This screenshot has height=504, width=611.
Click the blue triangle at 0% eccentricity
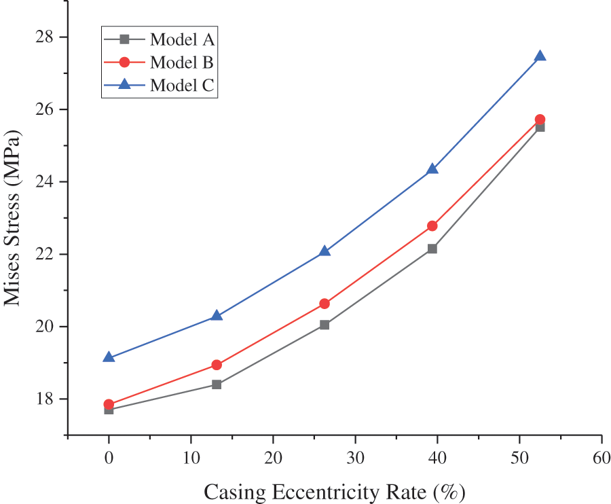[109, 357]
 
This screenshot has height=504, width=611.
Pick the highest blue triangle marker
[540, 56]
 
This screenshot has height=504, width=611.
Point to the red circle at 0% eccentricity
[109, 404]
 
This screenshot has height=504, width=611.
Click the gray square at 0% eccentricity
[109, 410]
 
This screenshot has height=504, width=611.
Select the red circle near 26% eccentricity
[325, 304]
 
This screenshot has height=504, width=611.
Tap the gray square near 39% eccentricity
[432, 249]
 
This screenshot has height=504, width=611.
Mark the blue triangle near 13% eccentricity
[217, 316]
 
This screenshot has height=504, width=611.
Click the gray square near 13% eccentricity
[217, 384]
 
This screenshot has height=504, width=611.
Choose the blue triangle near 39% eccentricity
[432, 169]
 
